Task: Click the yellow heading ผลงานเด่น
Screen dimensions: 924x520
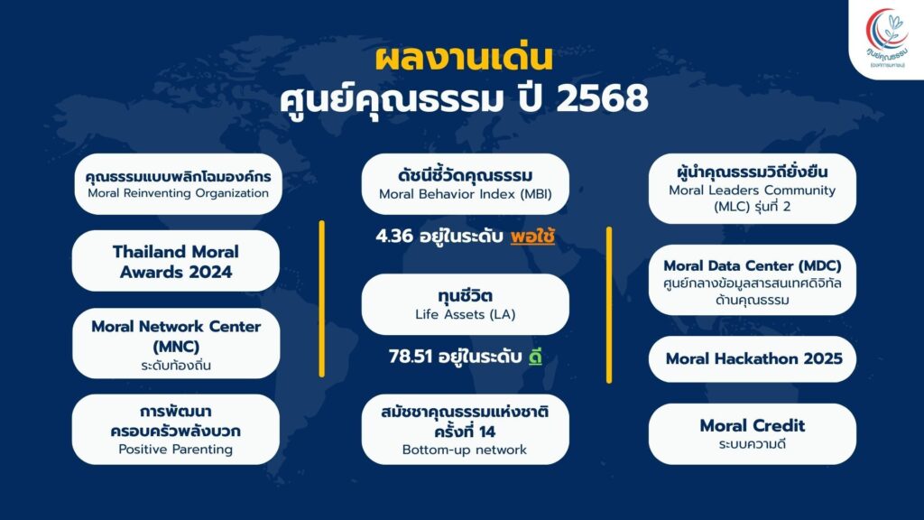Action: [x=465, y=59]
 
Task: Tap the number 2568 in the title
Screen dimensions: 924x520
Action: [x=602, y=98]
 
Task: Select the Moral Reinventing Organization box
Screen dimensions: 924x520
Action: [x=178, y=184]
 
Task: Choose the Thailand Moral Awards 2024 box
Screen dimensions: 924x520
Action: [x=176, y=261]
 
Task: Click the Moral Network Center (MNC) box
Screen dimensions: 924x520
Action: [x=176, y=344]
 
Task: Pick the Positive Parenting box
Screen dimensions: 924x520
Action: [x=176, y=430]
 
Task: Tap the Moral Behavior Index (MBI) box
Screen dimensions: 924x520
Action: [x=465, y=184]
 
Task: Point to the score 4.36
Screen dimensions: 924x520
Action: [x=394, y=237]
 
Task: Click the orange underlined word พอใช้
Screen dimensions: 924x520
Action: [x=532, y=237]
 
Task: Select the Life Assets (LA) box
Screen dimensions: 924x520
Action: [x=465, y=304]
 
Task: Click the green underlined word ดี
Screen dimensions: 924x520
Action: [x=535, y=357]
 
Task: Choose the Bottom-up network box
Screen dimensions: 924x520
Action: [x=465, y=430]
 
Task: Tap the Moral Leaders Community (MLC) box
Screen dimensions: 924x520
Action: [x=752, y=189]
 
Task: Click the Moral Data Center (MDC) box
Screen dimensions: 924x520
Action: [x=752, y=281]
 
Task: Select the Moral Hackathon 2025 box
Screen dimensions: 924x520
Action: [x=752, y=359]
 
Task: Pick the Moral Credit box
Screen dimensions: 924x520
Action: [x=752, y=434]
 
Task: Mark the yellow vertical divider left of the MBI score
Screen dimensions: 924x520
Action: [x=322, y=299]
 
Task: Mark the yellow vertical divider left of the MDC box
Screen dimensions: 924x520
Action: [x=609, y=305]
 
